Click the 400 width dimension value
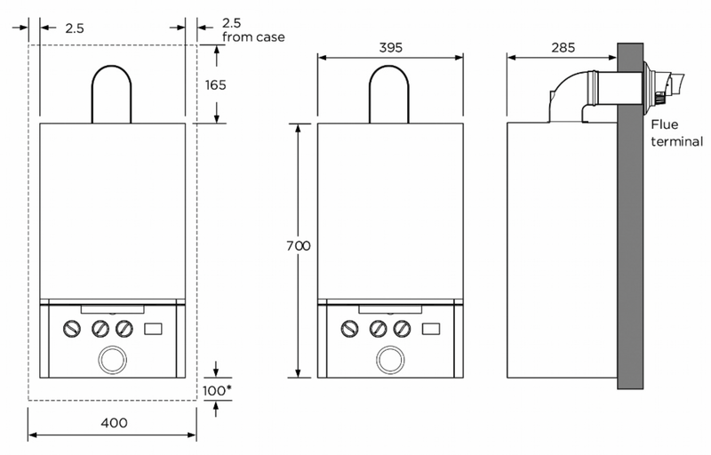click(112, 423)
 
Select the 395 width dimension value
click(390, 47)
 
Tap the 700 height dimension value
click(300, 246)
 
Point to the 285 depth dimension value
click(562, 47)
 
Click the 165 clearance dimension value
click(216, 85)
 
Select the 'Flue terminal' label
click(676, 133)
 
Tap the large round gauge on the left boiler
click(112, 359)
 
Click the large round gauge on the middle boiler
click(390, 359)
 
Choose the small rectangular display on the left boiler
click(153, 329)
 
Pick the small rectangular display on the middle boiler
click(431, 329)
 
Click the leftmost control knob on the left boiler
click(70, 329)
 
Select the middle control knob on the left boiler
click(100, 329)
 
